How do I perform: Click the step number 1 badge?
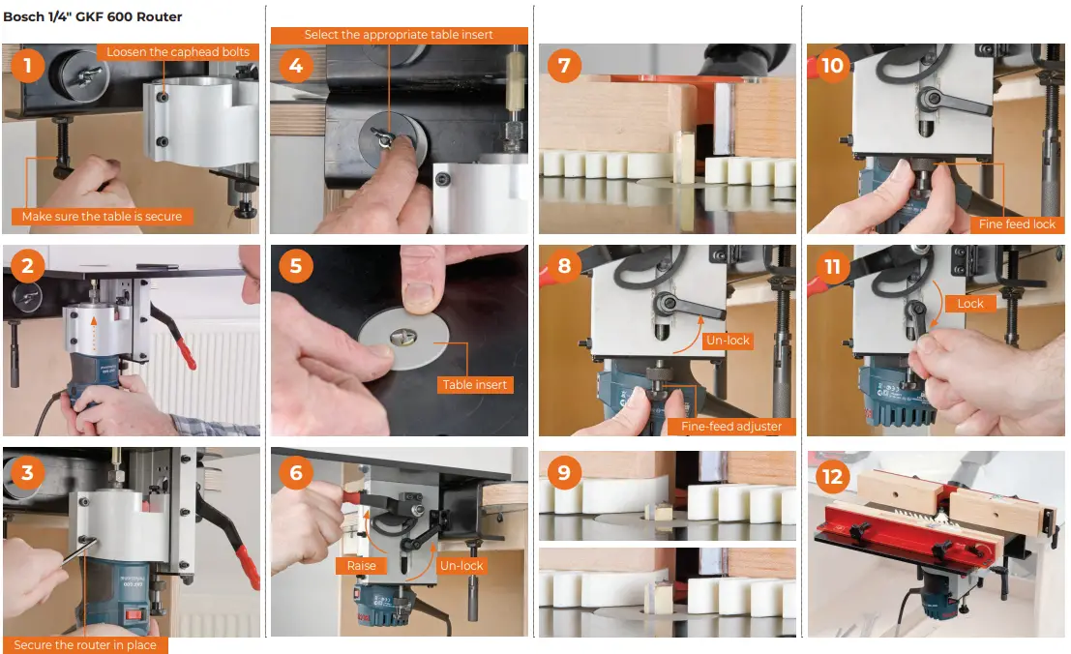pos(27,66)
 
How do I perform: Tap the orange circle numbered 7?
pos(564,66)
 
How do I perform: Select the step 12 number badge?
pos(832,476)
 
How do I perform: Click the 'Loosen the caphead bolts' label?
pos(178,52)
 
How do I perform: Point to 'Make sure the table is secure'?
pos(102,217)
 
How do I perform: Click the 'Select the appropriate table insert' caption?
pos(399,35)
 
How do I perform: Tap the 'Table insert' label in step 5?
pos(475,385)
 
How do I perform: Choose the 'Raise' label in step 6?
pos(361,566)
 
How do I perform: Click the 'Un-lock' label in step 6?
pos(461,566)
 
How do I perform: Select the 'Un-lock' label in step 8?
pos(729,341)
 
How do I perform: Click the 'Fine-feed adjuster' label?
pos(731,427)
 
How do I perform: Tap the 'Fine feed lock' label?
pos(1017,224)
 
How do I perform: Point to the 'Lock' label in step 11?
pos(970,304)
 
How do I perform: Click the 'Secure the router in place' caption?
pos(85,645)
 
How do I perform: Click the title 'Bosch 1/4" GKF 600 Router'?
pos(93,17)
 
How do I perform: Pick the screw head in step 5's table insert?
pos(402,338)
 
